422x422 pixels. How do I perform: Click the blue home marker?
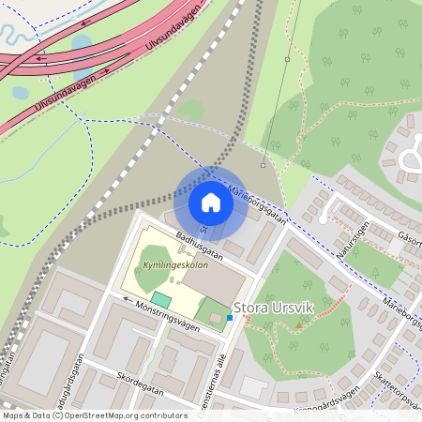pyautogui.click(x=211, y=202)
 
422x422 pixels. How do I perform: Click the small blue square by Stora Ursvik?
pyautogui.click(x=229, y=318)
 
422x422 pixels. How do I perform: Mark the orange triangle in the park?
pyautogui.click(x=299, y=324)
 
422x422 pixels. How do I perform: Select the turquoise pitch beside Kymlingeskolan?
pyautogui.click(x=161, y=299)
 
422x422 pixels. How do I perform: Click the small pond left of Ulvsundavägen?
pyautogui.click(x=20, y=94)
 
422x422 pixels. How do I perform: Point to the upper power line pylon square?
pyautogui.click(x=288, y=59)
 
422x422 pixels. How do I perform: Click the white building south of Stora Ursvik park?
pyautogui.click(x=252, y=385)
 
